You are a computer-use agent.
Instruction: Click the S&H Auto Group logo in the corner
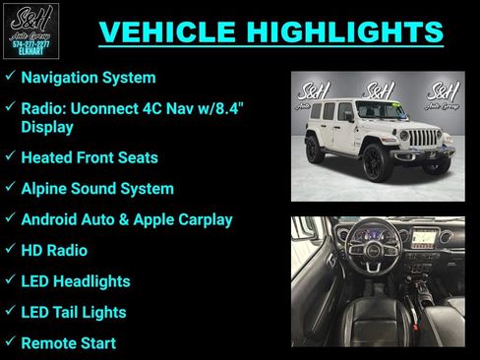click(x=31, y=30)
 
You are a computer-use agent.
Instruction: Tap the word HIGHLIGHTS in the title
click(x=347, y=31)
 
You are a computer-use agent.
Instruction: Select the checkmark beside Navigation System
click(x=9, y=76)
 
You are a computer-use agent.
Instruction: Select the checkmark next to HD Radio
click(x=9, y=250)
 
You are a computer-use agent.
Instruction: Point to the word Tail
click(x=72, y=313)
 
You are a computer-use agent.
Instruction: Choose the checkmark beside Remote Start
click(x=9, y=343)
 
